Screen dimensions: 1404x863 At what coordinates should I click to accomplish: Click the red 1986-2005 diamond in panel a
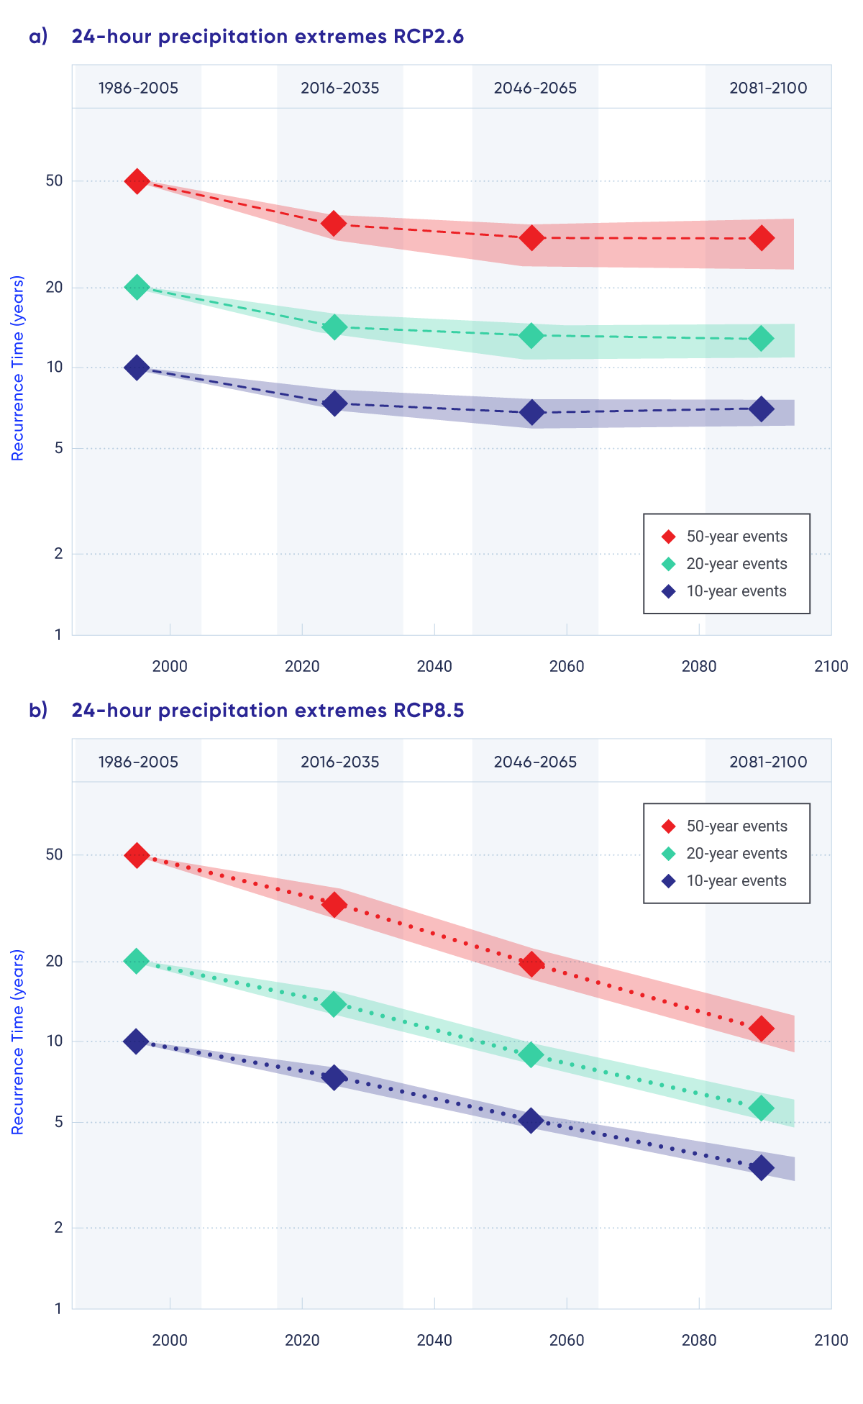(137, 181)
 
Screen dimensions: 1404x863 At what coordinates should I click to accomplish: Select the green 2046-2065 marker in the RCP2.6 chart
(531, 335)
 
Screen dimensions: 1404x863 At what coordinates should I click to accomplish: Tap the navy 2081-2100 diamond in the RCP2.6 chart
(761, 409)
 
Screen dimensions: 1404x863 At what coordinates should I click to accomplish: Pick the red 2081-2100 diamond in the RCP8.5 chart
(761, 1029)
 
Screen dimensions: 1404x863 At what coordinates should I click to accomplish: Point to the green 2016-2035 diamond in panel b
(334, 1004)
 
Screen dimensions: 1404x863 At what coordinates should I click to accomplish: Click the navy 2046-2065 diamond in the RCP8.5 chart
(531, 1121)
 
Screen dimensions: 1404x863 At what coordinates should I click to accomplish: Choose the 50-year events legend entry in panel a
(726, 537)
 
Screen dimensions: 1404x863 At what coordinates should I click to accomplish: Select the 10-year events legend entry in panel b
(726, 881)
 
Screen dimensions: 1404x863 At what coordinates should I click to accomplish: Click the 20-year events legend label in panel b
(736, 854)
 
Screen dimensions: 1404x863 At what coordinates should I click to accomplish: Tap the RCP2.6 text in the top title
(429, 37)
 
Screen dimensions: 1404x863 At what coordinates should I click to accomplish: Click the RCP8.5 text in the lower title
(429, 711)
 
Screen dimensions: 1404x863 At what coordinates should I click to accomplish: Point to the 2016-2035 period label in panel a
(339, 88)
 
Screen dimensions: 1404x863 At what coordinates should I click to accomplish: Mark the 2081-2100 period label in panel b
(768, 762)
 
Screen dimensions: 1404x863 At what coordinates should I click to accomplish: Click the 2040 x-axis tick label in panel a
(434, 666)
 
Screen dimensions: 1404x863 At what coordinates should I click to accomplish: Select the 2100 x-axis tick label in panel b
(831, 1340)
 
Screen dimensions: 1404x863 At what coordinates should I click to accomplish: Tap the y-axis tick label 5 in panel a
(58, 448)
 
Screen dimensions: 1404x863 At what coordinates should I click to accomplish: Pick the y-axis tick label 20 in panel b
(55, 961)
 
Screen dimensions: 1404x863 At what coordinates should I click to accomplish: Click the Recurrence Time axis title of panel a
(18, 368)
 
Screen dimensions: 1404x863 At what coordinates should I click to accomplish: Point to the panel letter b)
(38, 711)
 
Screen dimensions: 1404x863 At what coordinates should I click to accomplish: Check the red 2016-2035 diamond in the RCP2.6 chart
(334, 223)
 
